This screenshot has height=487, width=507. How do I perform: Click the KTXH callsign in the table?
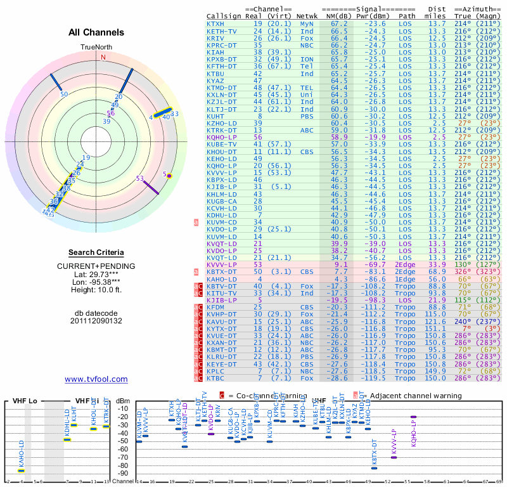(x=215, y=23)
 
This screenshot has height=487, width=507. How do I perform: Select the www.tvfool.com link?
(x=96, y=379)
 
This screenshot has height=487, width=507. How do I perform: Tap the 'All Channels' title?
(x=96, y=32)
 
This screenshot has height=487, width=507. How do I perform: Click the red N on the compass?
(x=103, y=56)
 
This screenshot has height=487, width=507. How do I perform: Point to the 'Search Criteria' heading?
(x=96, y=252)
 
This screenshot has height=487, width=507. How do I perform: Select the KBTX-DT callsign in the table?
(x=221, y=271)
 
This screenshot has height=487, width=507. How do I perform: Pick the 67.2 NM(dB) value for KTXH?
(x=338, y=23)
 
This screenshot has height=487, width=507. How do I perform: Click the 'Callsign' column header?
(x=224, y=16)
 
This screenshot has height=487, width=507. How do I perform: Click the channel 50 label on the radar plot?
(x=63, y=94)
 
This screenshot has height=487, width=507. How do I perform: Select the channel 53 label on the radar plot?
(x=140, y=179)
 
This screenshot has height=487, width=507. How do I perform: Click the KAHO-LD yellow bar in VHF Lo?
(x=21, y=471)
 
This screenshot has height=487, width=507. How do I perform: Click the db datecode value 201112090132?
(x=96, y=321)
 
